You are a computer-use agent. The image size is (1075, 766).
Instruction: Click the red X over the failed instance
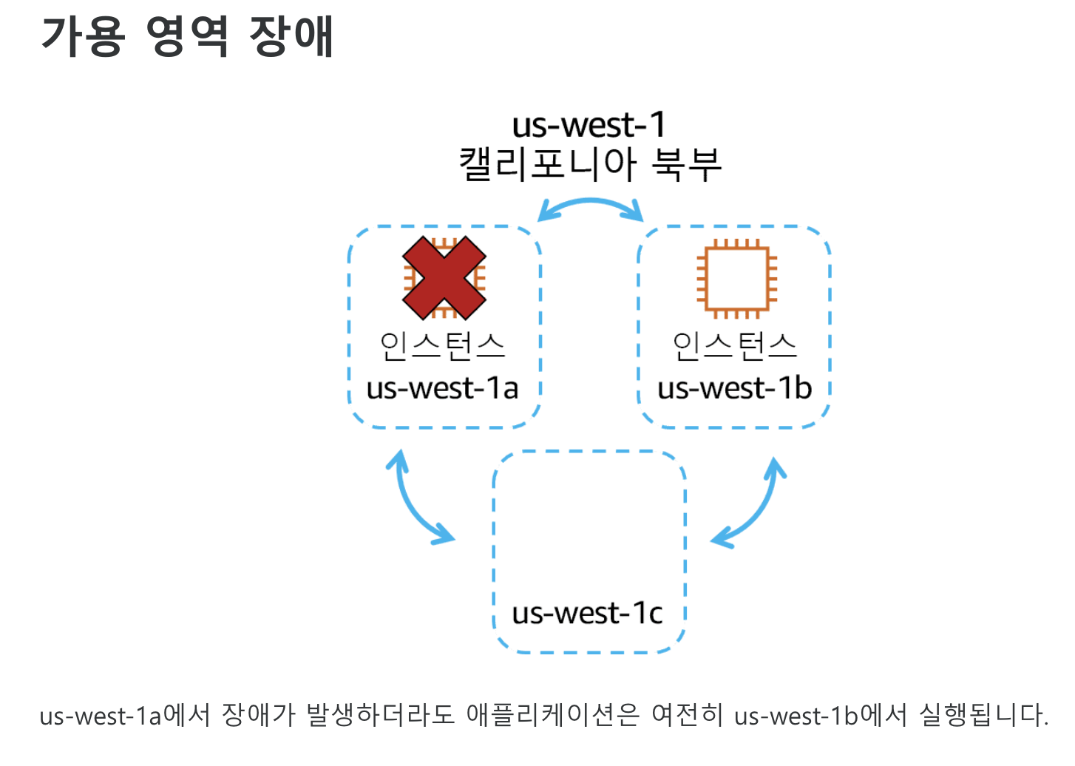[x=444, y=278]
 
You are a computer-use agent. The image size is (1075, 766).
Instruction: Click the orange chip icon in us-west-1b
[x=736, y=279]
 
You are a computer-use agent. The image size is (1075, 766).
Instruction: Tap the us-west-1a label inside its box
[x=442, y=388]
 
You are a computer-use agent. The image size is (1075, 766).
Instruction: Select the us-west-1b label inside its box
[x=734, y=388]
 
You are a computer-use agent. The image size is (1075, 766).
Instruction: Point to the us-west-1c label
[x=587, y=613]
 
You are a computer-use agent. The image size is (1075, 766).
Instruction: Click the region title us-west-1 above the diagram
[x=589, y=125]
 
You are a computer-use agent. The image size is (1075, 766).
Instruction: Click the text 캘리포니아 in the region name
[x=547, y=164]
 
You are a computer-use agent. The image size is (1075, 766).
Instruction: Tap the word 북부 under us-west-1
[x=686, y=164]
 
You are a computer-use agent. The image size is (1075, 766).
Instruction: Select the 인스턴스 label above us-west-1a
[x=442, y=346]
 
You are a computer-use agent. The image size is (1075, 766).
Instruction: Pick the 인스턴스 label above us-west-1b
[x=735, y=346]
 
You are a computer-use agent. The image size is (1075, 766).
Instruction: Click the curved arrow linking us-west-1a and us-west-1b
[x=590, y=203]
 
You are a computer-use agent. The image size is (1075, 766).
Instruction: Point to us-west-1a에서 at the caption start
[x=125, y=716]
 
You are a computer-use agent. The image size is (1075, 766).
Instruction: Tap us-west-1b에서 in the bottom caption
[x=820, y=716]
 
